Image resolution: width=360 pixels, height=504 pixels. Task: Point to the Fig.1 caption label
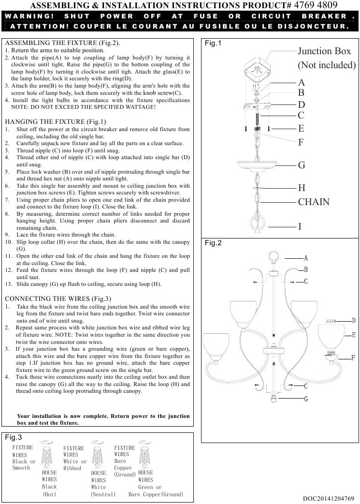coord(213,44)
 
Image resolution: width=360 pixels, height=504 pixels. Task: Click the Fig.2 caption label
coord(213,243)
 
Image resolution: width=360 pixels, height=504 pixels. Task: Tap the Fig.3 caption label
coord(14,437)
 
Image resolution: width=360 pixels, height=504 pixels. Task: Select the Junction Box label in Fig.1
coord(324,51)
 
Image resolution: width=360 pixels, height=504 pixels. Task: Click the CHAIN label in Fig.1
coord(314,202)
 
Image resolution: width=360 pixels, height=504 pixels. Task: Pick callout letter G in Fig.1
coord(302,165)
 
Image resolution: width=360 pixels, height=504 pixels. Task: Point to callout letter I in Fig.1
coord(300,226)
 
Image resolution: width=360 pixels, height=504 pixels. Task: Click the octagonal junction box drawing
coord(256,71)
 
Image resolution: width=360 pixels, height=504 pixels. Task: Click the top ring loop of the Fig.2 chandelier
coord(274,256)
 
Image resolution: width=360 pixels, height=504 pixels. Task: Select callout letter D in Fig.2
coord(354,320)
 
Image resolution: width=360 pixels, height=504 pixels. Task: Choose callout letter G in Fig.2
coord(306,399)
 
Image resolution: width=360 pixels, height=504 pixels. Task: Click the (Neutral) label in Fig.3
coord(103,494)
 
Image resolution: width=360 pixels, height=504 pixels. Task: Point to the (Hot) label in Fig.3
coord(50,494)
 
